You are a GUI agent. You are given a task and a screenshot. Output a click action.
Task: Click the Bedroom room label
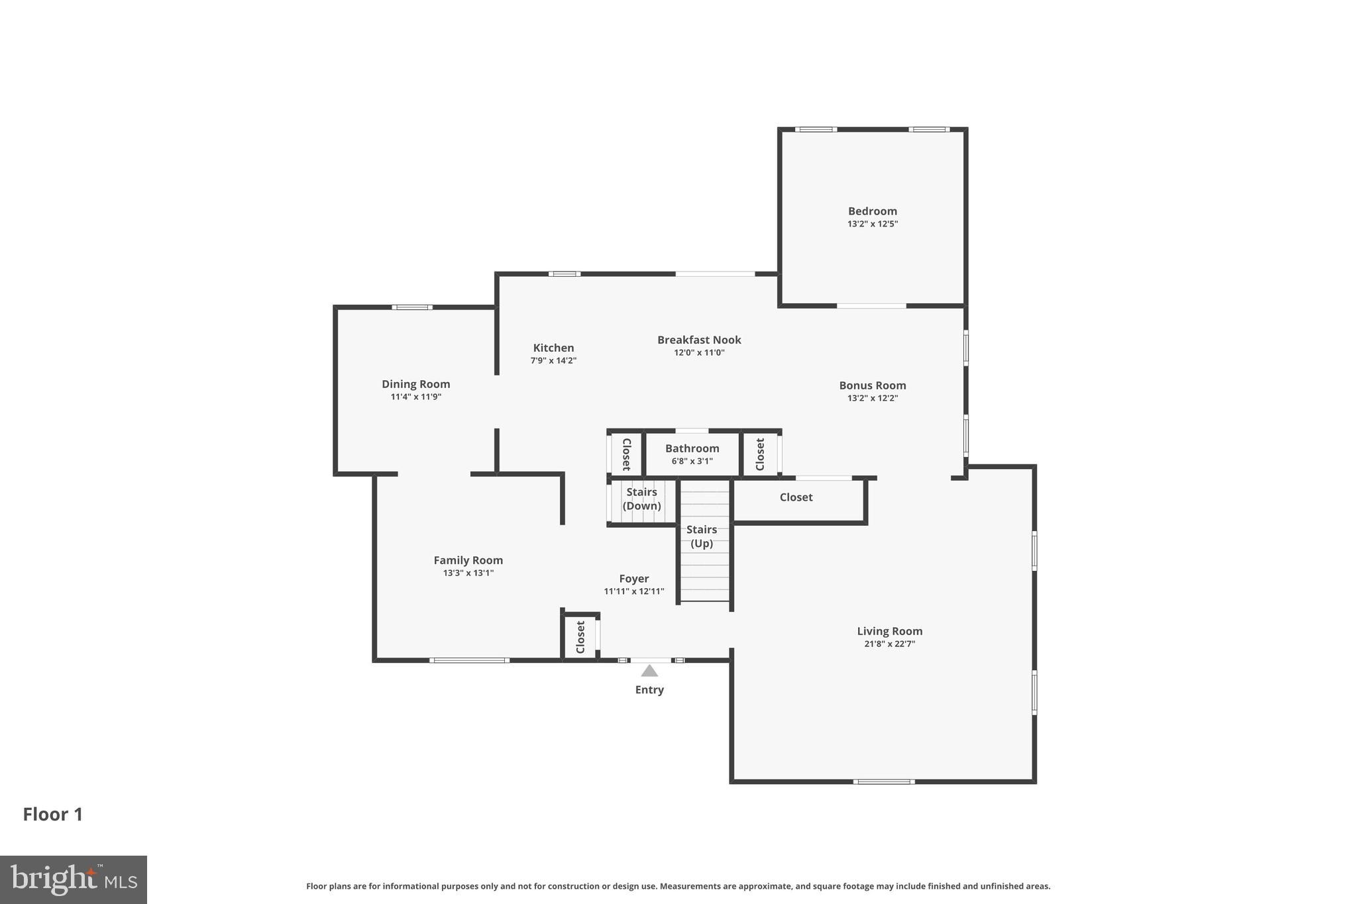872,211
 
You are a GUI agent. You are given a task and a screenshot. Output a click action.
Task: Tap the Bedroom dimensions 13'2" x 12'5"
872,224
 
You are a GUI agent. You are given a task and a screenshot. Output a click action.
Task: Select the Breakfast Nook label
699,340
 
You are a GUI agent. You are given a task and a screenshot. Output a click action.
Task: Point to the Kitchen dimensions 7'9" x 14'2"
553,361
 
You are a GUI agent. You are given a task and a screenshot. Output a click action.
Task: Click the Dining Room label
415,384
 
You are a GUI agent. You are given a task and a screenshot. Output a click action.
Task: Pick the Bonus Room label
872,385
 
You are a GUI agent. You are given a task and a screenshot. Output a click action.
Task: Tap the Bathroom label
692,448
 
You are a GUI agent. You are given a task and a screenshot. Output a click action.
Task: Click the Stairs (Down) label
641,499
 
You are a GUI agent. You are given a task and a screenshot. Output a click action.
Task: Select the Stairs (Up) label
702,536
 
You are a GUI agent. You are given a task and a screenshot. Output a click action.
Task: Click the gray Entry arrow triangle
649,671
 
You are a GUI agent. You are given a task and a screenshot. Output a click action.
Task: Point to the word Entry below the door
649,689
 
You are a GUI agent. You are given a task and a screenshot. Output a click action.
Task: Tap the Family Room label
468,560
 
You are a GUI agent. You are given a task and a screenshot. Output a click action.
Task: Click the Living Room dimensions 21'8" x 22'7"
889,644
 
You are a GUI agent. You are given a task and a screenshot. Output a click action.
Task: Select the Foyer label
633,579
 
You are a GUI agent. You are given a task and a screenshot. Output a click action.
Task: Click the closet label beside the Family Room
580,637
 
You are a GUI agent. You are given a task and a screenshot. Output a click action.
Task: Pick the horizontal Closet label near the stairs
796,497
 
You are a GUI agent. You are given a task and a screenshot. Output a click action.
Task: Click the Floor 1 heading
53,814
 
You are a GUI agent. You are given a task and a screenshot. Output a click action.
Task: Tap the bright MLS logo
74,879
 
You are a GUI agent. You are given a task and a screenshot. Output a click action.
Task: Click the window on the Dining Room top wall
411,307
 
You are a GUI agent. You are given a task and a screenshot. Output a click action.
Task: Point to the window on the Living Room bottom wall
883,781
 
